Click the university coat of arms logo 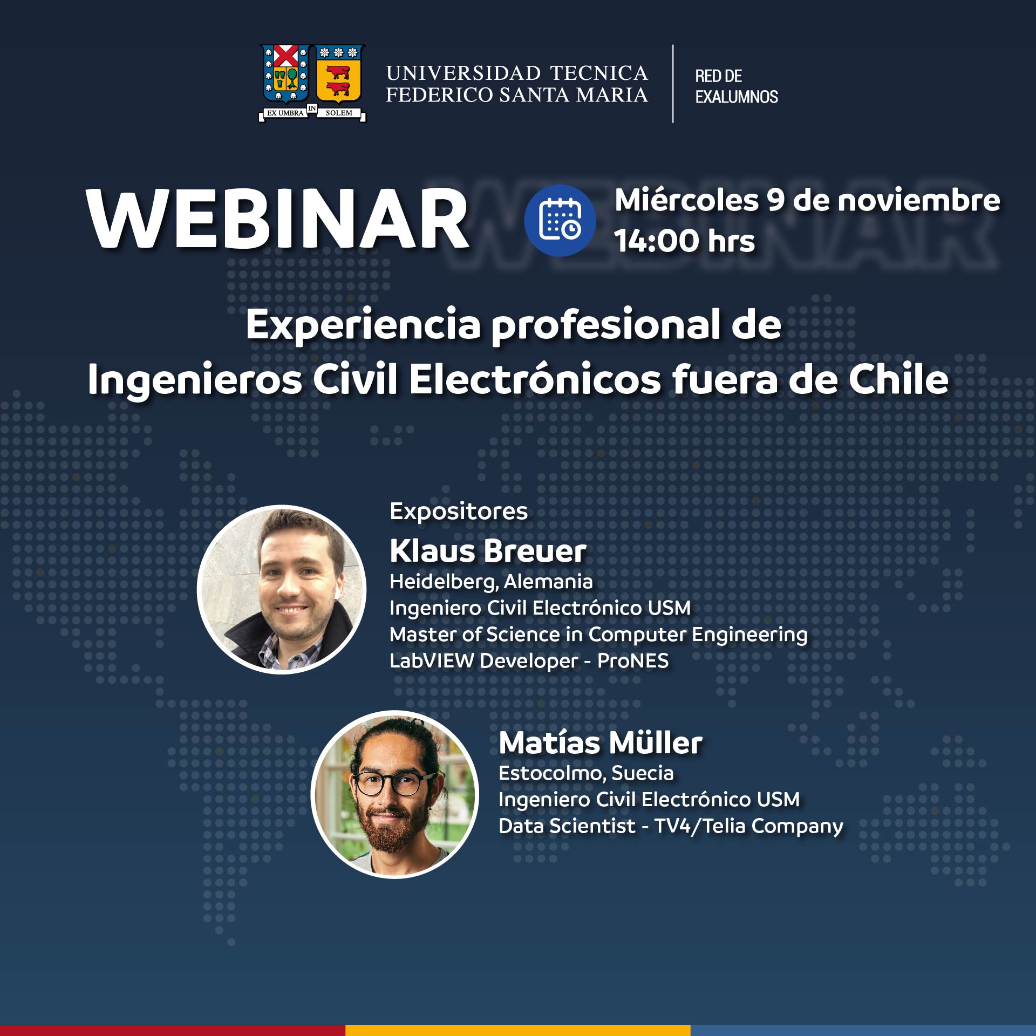tap(312, 83)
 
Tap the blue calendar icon tap(560, 220)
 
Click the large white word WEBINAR tap(277, 219)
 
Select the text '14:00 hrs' tap(684, 241)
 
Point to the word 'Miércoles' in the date tap(687, 200)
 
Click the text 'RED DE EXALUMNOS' tap(737, 86)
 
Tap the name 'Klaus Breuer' tap(488, 551)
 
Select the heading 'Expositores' tap(459, 512)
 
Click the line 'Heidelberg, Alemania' tap(491, 582)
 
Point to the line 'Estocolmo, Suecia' tap(586, 773)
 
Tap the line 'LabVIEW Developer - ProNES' tap(529, 661)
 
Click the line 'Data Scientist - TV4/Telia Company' tap(671, 826)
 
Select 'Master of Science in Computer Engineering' tap(598, 635)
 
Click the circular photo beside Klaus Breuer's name tap(282, 589)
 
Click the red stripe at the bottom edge tap(173, 1031)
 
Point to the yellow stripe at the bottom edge tap(518, 1031)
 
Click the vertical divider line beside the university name tap(673, 84)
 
